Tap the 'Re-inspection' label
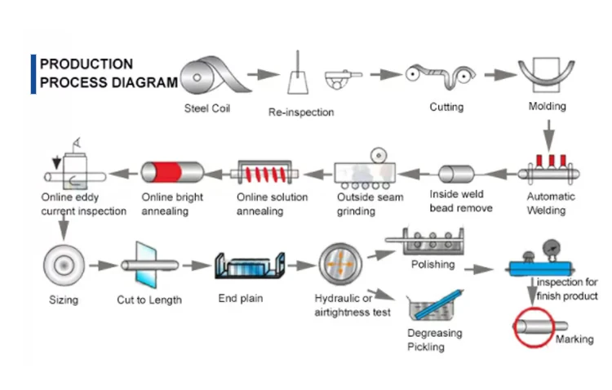(301, 112)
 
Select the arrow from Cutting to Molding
(500, 74)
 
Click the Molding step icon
(547, 74)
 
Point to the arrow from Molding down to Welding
(549, 135)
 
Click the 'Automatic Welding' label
(550, 203)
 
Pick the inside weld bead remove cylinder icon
(456, 174)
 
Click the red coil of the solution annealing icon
(265, 174)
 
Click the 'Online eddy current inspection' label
(83, 204)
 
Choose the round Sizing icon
(64, 265)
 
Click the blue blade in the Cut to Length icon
(146, 265)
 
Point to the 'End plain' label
(241, 299)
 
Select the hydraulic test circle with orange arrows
(340, 264)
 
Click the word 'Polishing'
(432, 264)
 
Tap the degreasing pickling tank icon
(434, 305)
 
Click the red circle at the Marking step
(534, 327)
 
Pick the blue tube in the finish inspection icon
(540, 268)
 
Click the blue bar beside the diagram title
(33, 74)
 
